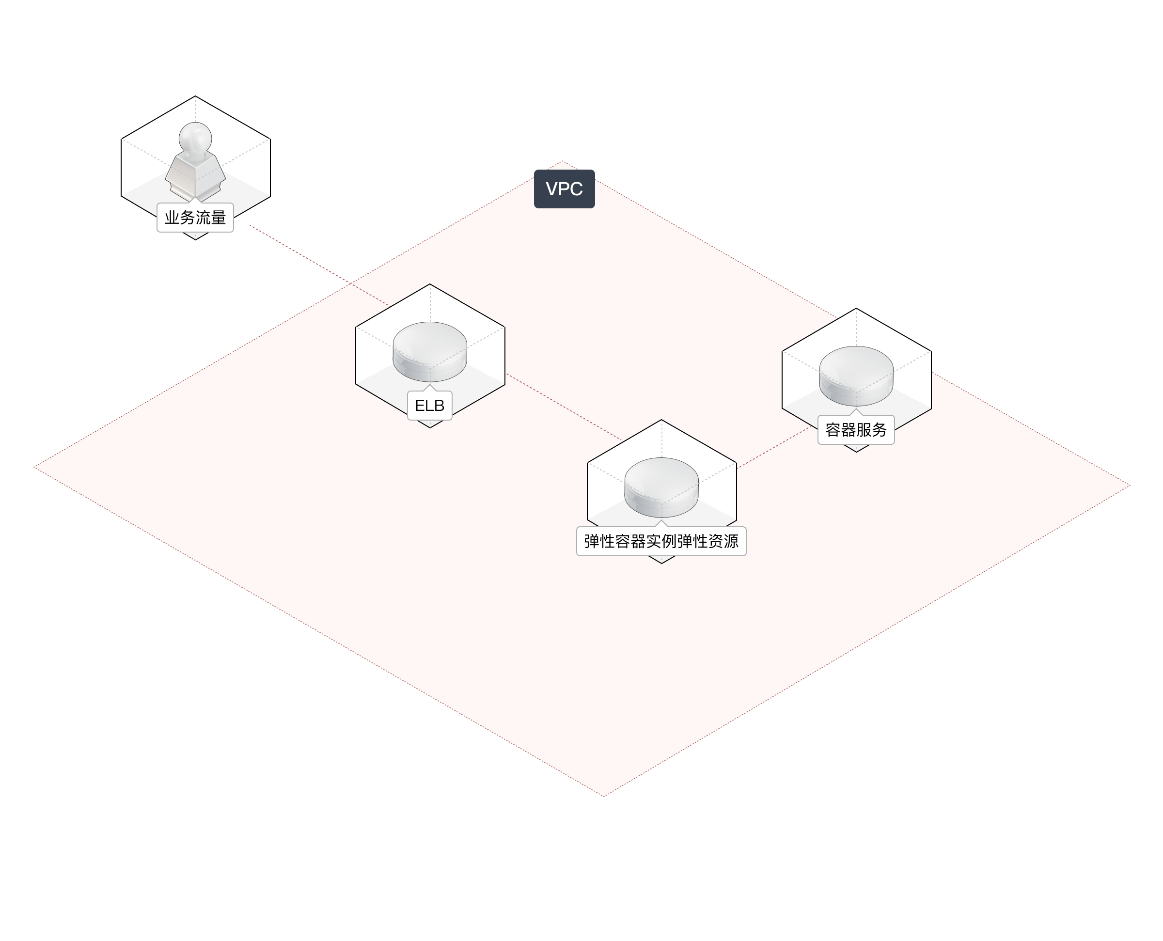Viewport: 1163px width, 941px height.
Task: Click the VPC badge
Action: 564,189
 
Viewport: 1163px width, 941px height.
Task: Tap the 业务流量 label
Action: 195,218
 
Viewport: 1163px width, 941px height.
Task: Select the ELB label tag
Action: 430,406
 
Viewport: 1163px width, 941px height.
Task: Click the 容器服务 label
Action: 856,430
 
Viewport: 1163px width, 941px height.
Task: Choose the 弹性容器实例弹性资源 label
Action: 661,541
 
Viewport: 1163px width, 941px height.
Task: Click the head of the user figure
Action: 195,136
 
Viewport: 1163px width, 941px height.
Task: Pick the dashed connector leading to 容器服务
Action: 775,447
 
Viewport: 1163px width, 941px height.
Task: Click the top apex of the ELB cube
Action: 430,284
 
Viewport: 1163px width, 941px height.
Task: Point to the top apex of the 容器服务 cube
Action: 856,310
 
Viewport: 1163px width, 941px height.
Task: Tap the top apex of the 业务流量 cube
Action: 195,97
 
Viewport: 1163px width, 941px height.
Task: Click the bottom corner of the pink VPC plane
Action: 604,796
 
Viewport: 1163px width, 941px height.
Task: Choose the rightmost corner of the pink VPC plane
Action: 1130,486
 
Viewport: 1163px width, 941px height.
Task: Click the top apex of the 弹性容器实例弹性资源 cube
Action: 661,420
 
